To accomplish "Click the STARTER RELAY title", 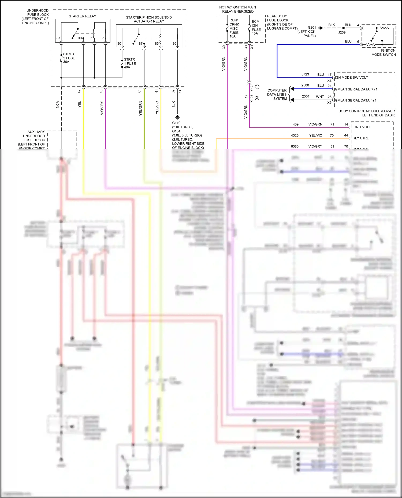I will (x=82, y=16).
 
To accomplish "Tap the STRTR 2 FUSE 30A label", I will (x=69, y=58).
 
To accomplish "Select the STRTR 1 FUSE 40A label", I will (x=130, y=63).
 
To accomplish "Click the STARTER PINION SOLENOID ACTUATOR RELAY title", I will (x=149, y=19).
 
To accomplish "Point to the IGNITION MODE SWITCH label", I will (x=383, y=52).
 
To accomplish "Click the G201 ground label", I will (x=312, y=28).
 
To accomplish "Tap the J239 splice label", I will (x=342, y=32).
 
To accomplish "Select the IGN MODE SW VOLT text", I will (x=351, y=78).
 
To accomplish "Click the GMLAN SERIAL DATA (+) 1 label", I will (x=356, y=89).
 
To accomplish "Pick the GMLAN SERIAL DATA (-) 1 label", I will (x=355, y=100).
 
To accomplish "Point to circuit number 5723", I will (x=305, y=74).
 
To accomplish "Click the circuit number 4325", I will (x=295, y=135).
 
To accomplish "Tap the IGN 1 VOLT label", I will (x=362, y=127).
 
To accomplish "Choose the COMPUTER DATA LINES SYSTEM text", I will (x=277, y=94).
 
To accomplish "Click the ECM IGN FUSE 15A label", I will (x=256, y=28).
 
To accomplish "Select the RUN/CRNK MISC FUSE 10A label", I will (x=234, y=28).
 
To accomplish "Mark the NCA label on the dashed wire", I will (x=57, y=105).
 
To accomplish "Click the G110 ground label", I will (x=176, y=123).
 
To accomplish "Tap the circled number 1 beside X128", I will (x=257, y=87).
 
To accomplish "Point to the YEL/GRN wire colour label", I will (x=140, y=108).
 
